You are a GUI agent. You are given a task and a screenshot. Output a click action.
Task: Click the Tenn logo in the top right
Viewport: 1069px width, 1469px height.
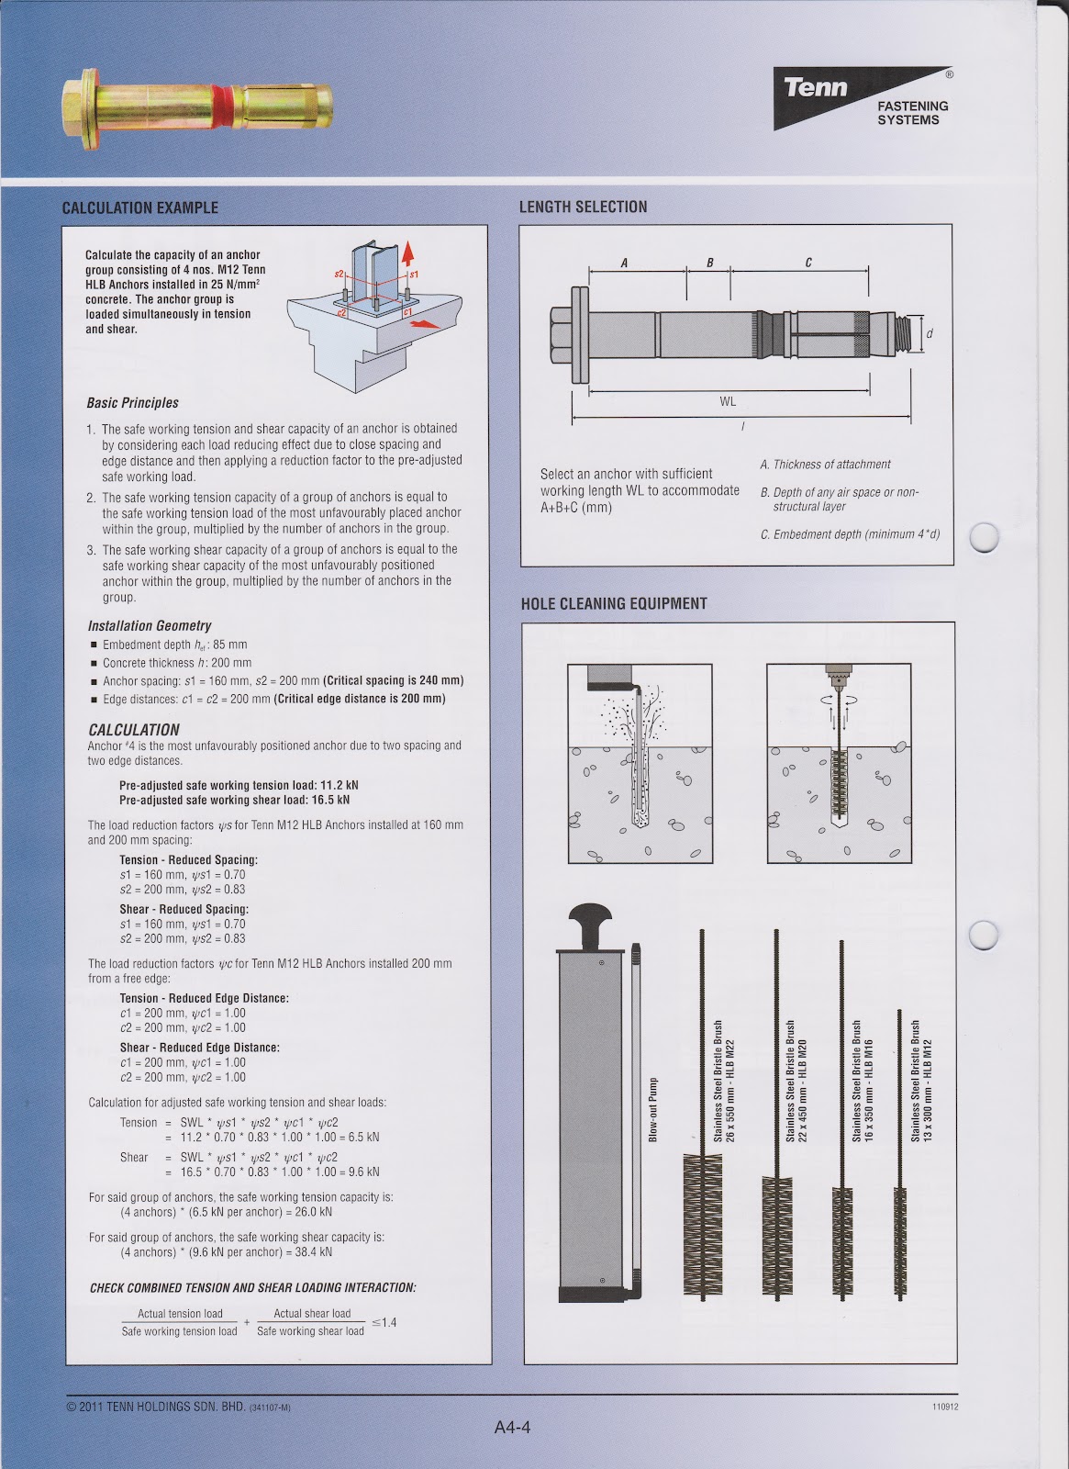(x=817, y=89)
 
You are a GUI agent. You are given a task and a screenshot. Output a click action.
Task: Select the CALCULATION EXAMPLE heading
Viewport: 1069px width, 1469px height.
(x=139, y=207)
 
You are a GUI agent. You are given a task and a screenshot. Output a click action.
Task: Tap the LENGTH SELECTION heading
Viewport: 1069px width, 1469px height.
(x=583, y=207)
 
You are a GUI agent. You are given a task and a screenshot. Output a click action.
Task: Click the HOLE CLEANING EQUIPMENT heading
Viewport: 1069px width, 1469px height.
(x=614, y=603)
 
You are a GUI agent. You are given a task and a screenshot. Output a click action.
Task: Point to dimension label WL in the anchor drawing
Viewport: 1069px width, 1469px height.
(x=728, y=401)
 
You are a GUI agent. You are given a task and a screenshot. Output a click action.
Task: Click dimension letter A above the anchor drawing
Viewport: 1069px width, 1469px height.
(x=624, y=263)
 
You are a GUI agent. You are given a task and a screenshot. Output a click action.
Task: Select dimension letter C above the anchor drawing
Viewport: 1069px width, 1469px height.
(x=807, y=263)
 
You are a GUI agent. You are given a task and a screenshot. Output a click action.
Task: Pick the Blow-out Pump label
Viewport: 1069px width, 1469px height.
(x=654, y=1108)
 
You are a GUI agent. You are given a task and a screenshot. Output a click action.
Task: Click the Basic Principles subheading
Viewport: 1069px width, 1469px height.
(x=133, y=403)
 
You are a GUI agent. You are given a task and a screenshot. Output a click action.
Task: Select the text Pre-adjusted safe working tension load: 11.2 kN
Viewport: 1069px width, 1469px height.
(x=239, y=785)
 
